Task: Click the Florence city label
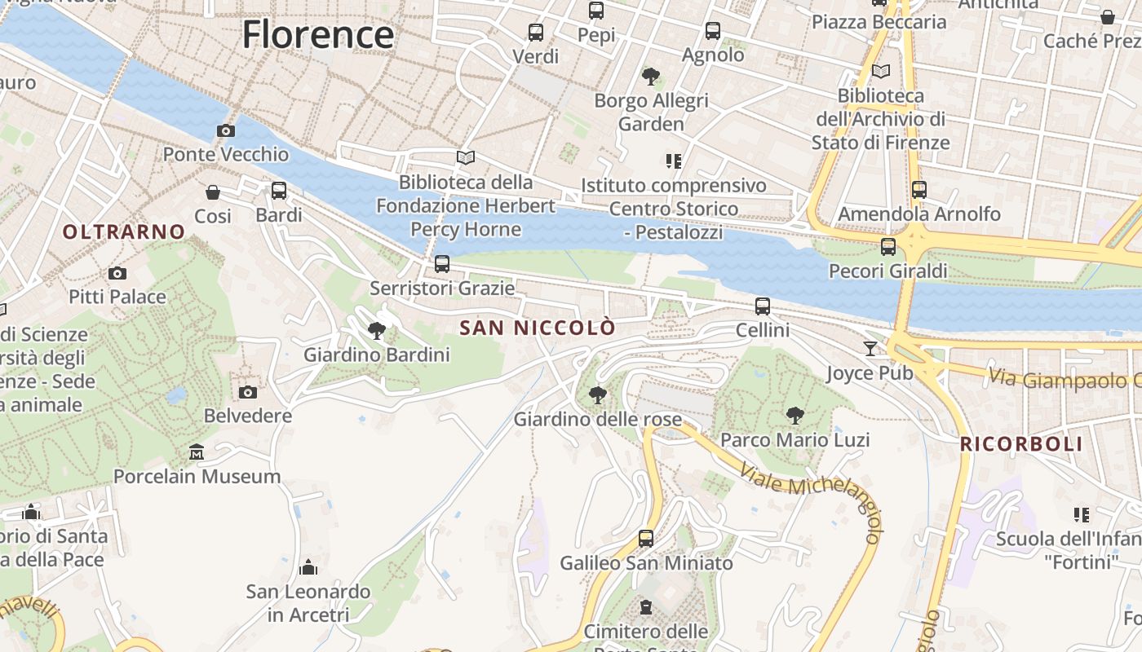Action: (x=318, y=35)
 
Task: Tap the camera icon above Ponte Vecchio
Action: (x=226, y=130)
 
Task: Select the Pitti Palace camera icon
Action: (x=117, y=273)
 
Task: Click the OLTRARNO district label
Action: (x=124, y=231)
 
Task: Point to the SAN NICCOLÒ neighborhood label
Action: (x=538, y=328)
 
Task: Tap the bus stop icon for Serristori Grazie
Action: (x=442, y=264)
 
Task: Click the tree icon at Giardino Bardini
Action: (x=377, y=330)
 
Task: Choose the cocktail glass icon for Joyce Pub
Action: (x=870, y=349)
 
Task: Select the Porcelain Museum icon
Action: (x=197, y=452)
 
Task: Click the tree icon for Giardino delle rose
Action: (x=598, y=395)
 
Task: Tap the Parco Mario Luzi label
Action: (x=795, y=440)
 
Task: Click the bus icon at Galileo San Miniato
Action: (x=646, y=539)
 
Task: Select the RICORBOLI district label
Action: (x=1021, y=444)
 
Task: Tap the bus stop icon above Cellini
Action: (x=763, y=306)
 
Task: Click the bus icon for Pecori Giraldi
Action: (x=888, y=246)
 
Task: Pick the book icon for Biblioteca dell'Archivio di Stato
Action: (x=881, y=72)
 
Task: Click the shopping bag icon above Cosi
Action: (x=213, y=192)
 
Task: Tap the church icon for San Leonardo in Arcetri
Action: (x=308, y=566)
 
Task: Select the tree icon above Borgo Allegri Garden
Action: (x=651, y=77)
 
